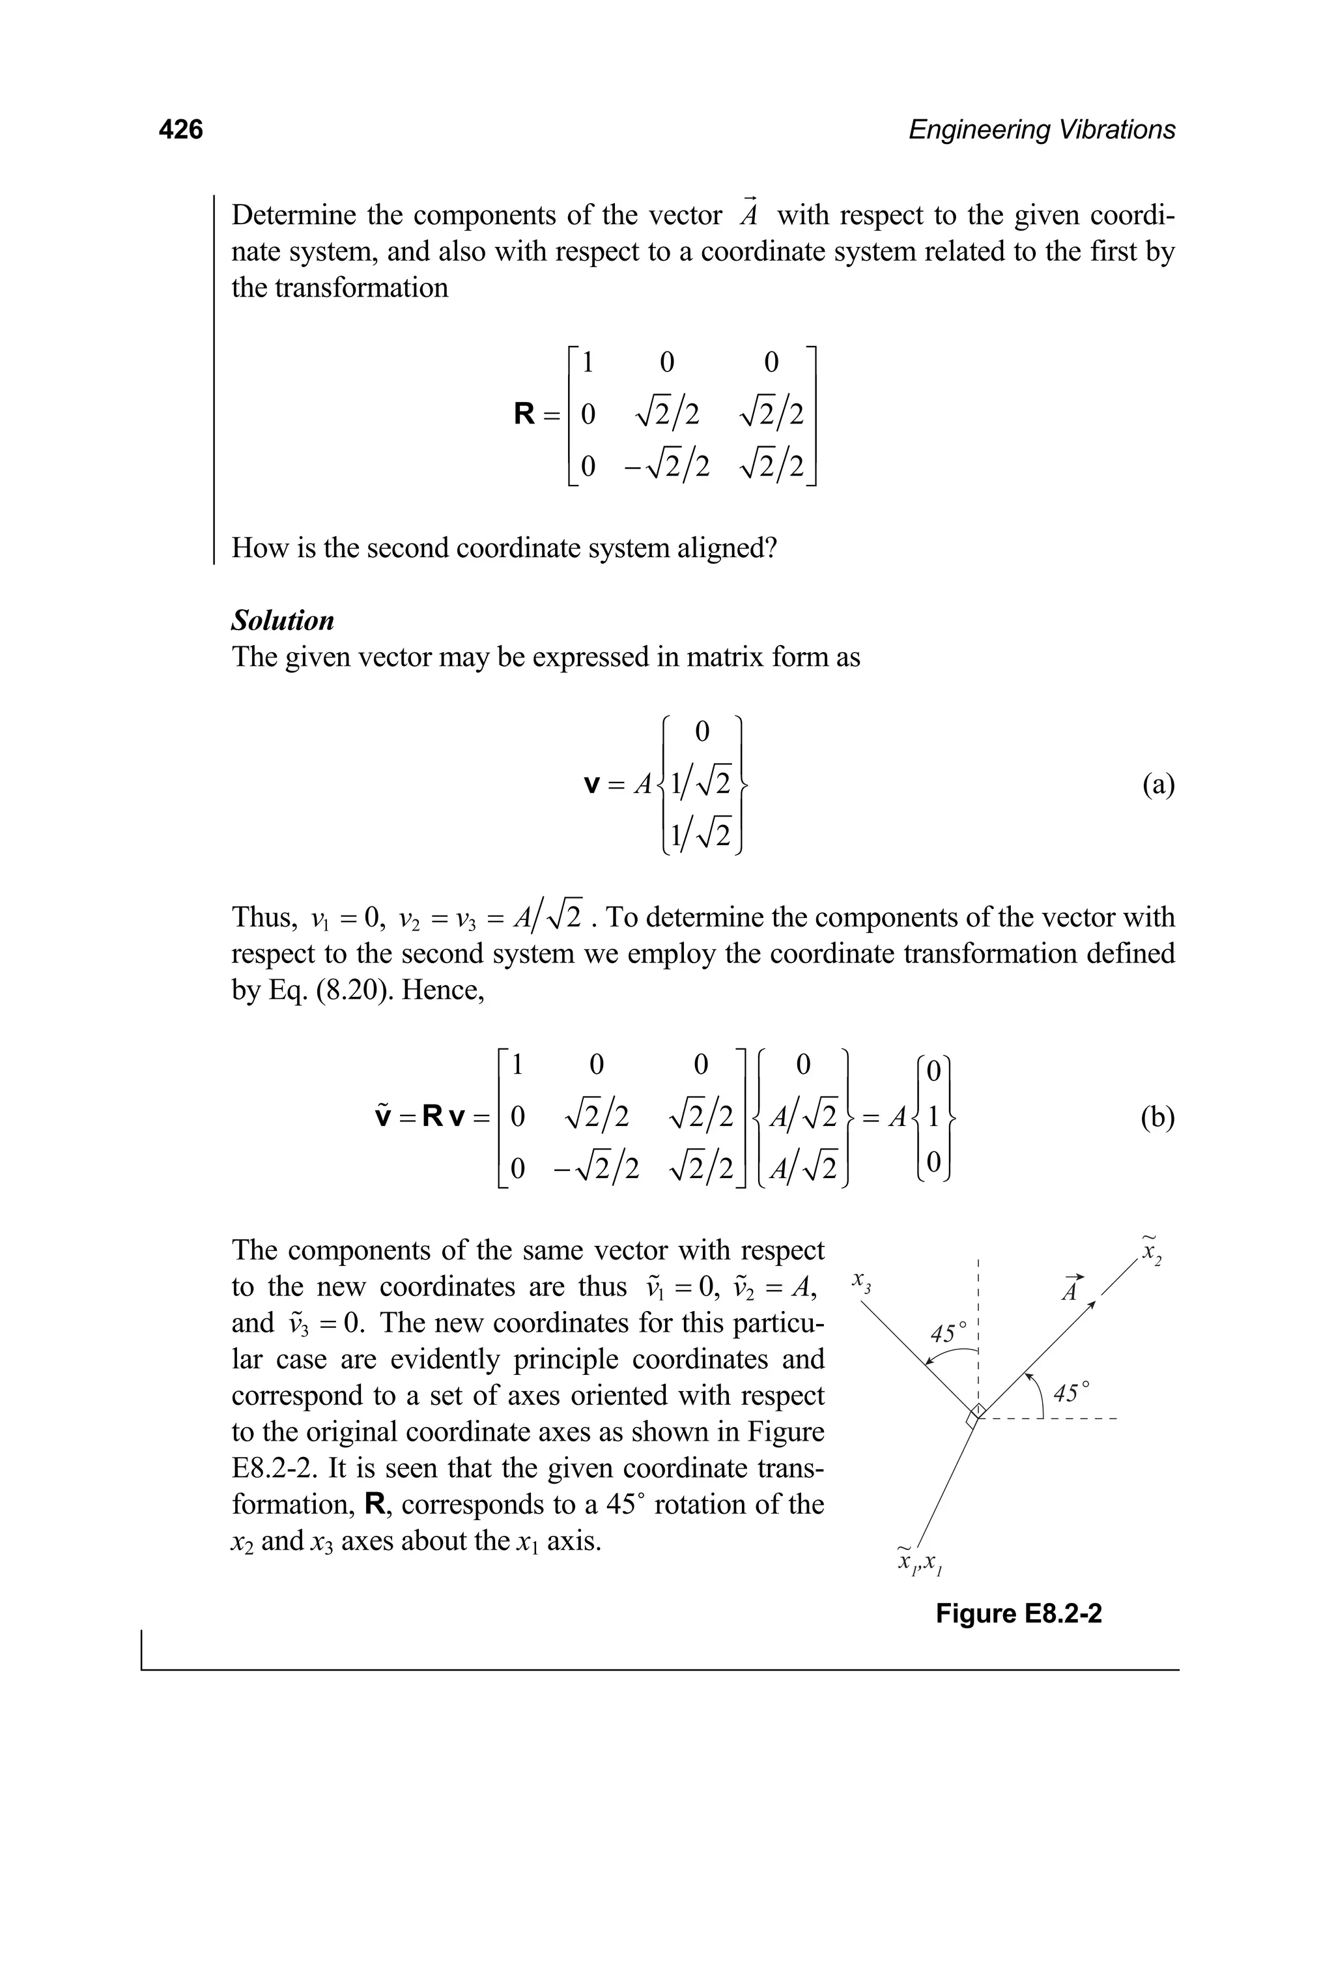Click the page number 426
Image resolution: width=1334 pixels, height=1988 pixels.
tap(180, 130)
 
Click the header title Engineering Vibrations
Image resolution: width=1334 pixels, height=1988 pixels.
tap(1042, 130)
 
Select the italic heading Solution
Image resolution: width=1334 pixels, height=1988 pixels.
tap(283, 620)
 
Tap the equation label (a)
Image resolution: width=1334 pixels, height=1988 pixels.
tap(1157, 784)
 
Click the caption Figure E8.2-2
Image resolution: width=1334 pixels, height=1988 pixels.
tap(1018, 1613)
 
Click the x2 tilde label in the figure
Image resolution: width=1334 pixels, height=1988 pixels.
tap(1152, 1250)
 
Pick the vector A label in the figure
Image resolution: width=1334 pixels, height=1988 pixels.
tap(1070, 1289)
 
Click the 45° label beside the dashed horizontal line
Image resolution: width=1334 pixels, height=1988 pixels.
tap(1070, 1393)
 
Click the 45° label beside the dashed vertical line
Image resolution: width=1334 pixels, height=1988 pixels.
tap(948, 1333)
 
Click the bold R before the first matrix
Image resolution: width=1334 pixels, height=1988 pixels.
tap(525, 414)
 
